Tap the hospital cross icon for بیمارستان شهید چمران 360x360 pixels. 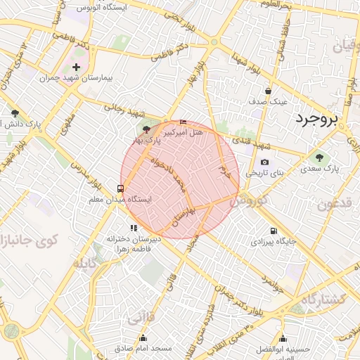click(77, 67)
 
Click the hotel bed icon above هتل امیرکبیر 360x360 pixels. click(184, 122)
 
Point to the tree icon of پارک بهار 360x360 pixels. click(146, 129)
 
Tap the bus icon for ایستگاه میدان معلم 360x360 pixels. click(121, 188)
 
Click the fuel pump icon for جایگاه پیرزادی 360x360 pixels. click(273, 231)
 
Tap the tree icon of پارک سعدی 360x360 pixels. click(320, 158)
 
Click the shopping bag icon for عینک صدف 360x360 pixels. click(268, 91)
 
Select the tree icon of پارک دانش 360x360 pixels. click(15, 113)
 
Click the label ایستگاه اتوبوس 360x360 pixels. click(108, 8)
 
